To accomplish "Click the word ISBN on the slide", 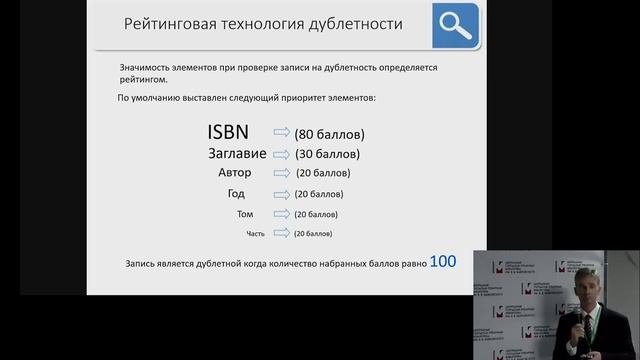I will [x=236, y=133].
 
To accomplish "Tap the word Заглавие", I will [x=235, y=154].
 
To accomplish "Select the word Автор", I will [x=234, y=173].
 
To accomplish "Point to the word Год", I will [x=235, y=194].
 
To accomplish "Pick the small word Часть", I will [x=256, y=234].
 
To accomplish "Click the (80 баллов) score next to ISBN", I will [x=329, y=134].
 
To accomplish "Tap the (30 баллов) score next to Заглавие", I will [x=327, y=155].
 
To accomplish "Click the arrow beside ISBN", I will [x=281, y=133].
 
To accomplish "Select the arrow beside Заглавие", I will [x=281, y=154].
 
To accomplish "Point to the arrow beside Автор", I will [x=281, y=174].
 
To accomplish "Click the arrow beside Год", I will [x=281, y=194].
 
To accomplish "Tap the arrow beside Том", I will [x=281, y=214].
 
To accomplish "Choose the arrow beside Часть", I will [x=281, y=233].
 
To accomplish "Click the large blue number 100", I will [x=442, y=261].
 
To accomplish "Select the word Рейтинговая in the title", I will [x=164, y=25].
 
